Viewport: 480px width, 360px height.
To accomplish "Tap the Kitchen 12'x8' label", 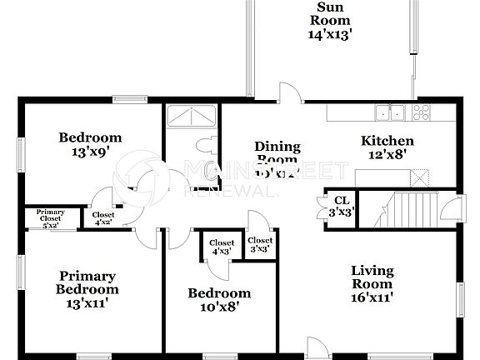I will point(387,147).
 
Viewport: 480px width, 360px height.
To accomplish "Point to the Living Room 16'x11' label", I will point(372,283).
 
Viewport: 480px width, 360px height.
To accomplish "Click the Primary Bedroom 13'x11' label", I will point(87,289).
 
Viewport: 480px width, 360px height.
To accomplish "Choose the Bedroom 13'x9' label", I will point(89,144).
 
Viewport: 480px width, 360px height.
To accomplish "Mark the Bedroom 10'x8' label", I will point(218,299).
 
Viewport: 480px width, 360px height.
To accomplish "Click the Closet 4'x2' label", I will point(103,218).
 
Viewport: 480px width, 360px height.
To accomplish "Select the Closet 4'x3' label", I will point(221,247).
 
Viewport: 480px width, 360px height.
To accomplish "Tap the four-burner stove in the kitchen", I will point(421,112).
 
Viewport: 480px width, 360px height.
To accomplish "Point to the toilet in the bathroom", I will point(211,146).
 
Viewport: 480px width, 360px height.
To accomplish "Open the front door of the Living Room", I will point(317,348).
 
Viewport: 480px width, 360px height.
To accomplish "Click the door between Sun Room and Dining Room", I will point(288,93).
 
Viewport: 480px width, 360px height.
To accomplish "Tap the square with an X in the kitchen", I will point(421,177).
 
